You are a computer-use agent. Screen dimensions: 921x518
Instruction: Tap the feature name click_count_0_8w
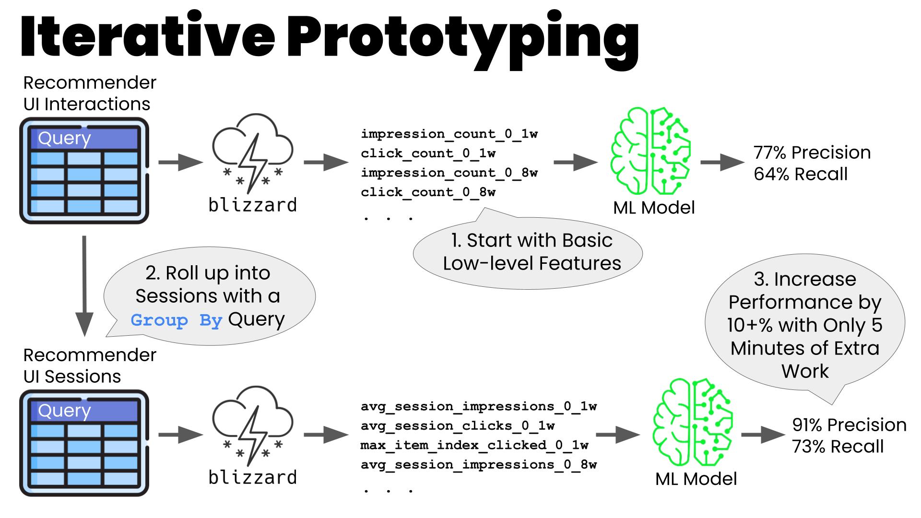point(428,192)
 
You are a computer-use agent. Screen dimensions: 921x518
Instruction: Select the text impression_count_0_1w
point(449,134)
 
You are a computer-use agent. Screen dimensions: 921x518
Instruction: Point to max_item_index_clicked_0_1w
point(474,445)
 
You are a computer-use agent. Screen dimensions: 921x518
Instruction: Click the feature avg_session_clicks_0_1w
point(458,425)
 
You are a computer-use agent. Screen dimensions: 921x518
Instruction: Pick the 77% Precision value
point(812,153)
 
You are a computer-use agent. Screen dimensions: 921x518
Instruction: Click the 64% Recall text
point(801,174)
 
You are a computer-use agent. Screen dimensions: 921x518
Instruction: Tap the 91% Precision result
point(849,425)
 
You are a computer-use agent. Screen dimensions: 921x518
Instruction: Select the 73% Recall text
point(838,447)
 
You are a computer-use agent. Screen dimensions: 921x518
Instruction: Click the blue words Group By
point(177,320)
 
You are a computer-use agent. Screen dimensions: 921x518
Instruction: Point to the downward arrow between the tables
point(84,286)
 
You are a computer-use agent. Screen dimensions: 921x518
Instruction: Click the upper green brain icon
point(651,151)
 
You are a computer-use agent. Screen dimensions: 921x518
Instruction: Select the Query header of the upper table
point(84,138)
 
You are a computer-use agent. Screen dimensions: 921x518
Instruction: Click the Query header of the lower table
point(84,411)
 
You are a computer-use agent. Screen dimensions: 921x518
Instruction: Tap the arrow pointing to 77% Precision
point(722,162)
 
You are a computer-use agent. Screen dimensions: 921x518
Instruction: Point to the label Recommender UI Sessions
point(90,365)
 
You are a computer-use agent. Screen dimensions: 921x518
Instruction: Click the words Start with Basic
point(531,240)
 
